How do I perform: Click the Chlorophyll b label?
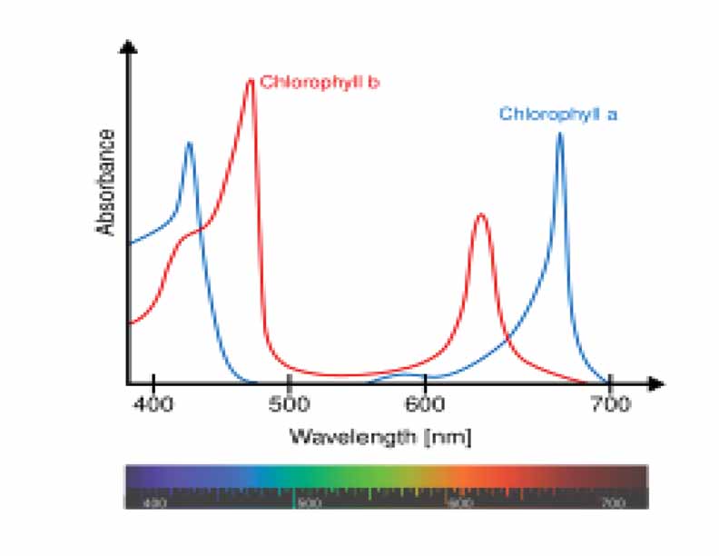319,82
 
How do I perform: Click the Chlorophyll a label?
557,114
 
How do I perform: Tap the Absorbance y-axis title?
107,183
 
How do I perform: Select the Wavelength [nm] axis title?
380,436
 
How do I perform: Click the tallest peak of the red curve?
251,81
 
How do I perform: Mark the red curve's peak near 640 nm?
480,215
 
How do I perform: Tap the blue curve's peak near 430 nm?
189,143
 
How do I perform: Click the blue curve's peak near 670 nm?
560,134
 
